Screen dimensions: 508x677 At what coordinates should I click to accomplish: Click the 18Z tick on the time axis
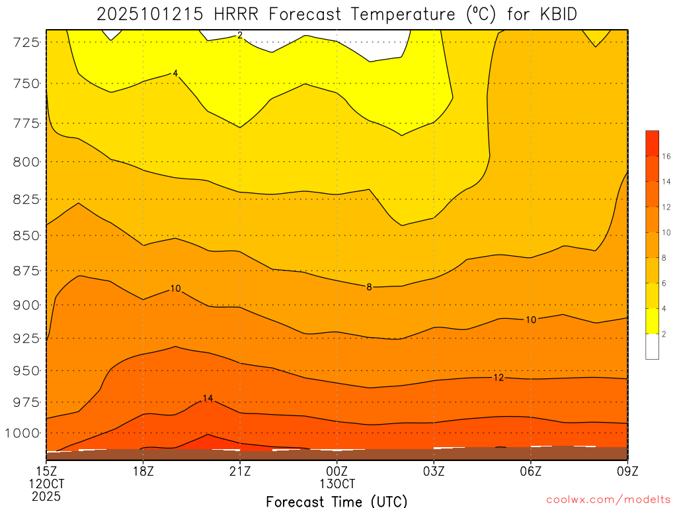143,471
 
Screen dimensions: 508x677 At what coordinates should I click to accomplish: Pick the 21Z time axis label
240,471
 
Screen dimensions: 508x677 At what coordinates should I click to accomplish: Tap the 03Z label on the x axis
434,471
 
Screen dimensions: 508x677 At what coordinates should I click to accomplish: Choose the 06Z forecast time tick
531,471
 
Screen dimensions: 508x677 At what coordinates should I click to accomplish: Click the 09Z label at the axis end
627,471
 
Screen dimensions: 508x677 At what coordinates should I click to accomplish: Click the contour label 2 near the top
240,34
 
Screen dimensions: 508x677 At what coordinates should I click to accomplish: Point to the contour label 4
175,73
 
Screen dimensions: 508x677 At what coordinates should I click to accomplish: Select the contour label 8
369,286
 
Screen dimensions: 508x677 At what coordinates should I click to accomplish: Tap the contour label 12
498,377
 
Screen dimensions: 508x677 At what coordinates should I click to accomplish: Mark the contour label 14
208,398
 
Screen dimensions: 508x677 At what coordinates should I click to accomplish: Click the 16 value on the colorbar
666,157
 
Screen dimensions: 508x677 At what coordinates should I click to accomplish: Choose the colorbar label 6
664,283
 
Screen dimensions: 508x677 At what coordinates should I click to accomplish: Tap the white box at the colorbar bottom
652,347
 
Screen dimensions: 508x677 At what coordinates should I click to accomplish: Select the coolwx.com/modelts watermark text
608,499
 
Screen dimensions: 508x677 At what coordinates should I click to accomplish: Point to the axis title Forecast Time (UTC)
337,501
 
